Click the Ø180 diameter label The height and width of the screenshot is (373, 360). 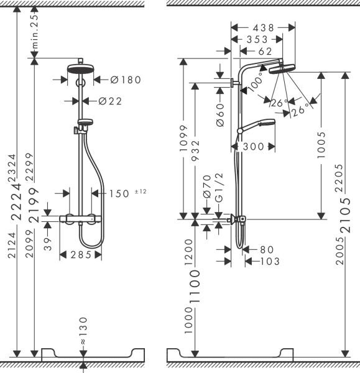tap(126, 79)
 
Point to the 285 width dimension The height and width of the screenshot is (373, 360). tap(80, 254)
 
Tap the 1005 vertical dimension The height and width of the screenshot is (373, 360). tap(321, 145)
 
